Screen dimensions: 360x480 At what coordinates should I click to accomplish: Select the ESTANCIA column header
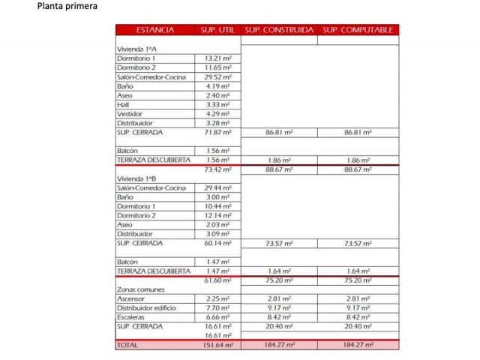point(154,30)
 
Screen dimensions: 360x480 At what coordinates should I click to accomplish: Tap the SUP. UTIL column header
point(217,30)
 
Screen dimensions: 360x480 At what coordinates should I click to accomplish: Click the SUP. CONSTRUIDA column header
point(279,30)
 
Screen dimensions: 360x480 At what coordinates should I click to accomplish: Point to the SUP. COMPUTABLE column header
point(358,30)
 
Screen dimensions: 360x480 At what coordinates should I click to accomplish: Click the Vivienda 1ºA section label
point(136,49)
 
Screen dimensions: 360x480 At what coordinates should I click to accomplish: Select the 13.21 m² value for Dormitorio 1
point(217,58)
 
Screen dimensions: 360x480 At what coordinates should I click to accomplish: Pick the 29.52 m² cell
point(217,76)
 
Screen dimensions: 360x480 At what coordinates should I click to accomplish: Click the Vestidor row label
point(130,113)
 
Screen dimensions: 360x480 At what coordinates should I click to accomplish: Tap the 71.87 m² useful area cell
point(217,132)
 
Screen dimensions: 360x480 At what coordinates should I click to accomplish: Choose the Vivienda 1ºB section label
point(136,178)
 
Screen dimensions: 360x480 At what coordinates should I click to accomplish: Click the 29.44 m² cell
point(217,187)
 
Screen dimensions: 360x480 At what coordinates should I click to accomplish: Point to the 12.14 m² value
point(217,215)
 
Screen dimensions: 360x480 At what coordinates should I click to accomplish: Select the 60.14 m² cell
point(217,243)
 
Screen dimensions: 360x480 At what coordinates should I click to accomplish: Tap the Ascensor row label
point(131,298)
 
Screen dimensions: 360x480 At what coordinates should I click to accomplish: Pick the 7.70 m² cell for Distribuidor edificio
point(217,307)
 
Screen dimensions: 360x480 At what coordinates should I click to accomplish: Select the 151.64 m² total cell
point(217,345)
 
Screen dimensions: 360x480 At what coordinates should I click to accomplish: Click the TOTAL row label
point(127,345)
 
